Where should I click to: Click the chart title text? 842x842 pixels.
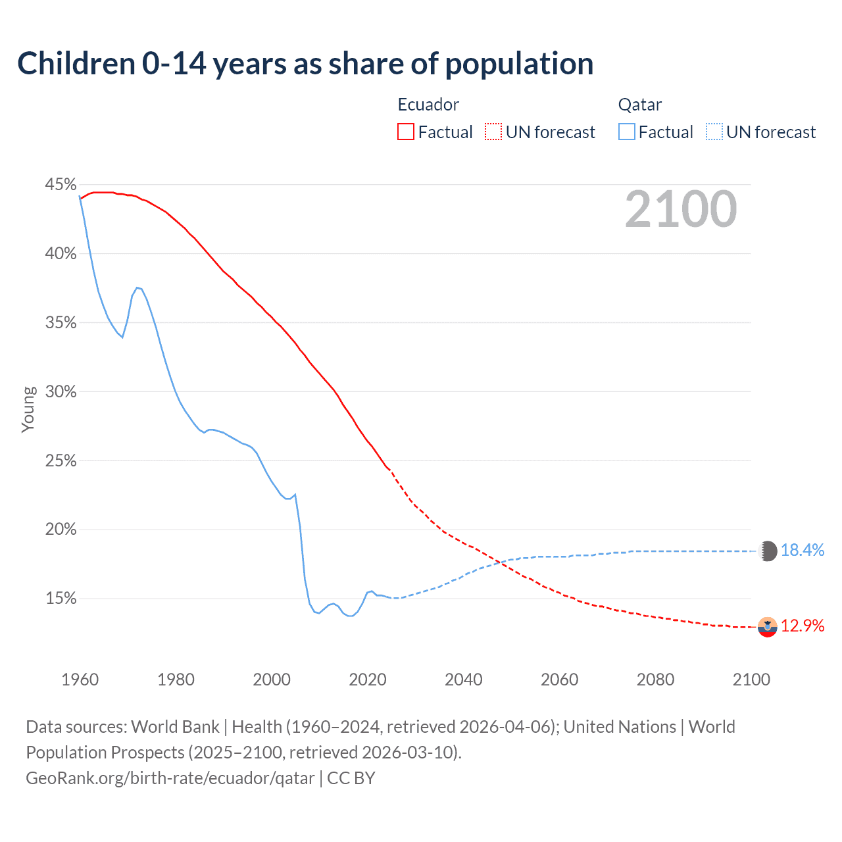click(305, 64)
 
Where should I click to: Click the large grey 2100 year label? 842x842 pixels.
click(681, 209)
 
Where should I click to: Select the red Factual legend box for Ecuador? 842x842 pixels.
click(406, 132)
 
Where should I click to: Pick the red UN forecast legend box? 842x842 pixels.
click(493, 132)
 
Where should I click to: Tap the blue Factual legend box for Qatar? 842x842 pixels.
click(627, 132)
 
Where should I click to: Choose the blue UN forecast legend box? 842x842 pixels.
click(714, 132)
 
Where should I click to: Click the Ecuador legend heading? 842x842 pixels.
click(428, 105)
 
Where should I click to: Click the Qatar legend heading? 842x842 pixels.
click(639, 105)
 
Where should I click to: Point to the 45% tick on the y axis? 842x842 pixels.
click(61, 185)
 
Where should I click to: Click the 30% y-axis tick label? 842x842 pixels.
click(61, 392)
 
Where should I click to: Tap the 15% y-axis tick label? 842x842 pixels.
click(61, 599)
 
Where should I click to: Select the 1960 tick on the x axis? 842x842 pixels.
click(80, 680)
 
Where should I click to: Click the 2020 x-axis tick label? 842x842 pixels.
click(367, 680)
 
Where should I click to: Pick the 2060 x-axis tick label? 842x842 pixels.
click(559, 680)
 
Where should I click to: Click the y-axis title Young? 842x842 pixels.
click(28, 409)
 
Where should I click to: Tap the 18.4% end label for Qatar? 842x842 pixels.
click(802, 551)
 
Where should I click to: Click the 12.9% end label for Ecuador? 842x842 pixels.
click(802, 626)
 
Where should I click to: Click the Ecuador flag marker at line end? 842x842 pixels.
click(768, 627)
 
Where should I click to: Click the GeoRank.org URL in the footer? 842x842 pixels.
click(170, 778)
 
